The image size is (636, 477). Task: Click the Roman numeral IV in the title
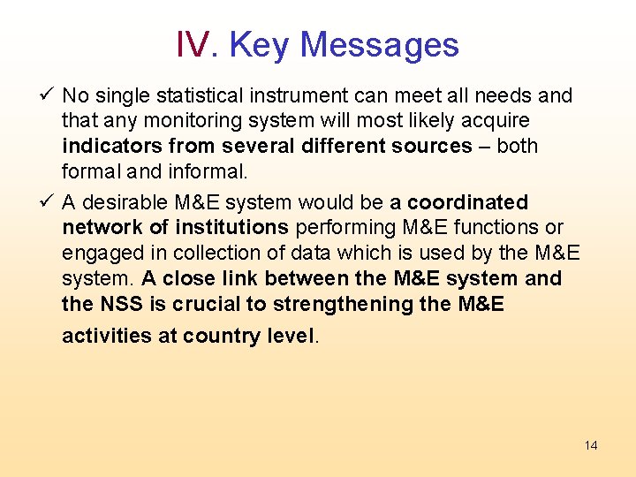pyautogui.click(x=193, y=44)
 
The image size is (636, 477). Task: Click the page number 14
pyautogui.click(x=591, y=445)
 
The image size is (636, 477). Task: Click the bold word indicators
pyautogui.click(x=111, y=146)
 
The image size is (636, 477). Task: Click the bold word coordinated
pyautogui.click(x=467, y=202)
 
